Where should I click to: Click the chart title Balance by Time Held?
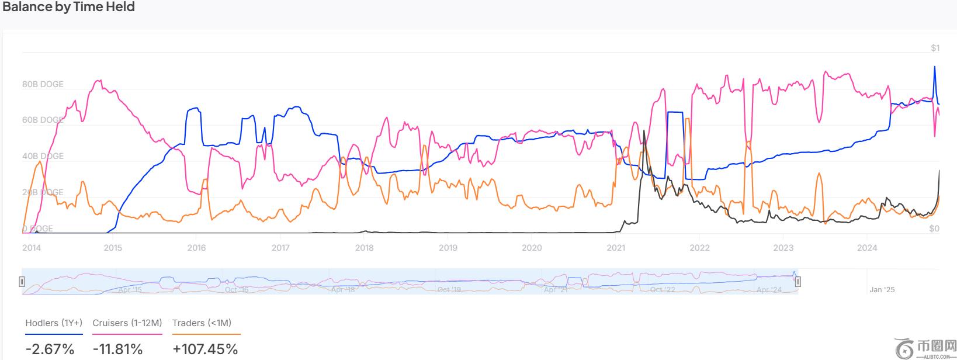(x=69, y=7)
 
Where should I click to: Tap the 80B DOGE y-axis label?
(x=43, y=84)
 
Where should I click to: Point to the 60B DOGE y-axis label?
(x=43, y=120)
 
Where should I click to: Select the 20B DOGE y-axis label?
(x=43, y=192)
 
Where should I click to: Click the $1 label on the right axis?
(x=935, y=48)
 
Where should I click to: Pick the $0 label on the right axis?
(x=934, y=229)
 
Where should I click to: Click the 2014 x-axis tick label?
(x=32, y=248)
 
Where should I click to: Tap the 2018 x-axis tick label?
(x=364, y=248)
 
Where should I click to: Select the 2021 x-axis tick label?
(x=616, y=248)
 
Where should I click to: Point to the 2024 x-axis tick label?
(x=867, y=248)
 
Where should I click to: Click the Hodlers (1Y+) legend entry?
(x=54, y=323)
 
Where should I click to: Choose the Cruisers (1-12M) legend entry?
(x=127, y=323)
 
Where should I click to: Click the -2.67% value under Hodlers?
(x=50, y=349)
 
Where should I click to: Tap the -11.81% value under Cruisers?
(x=117, y=349)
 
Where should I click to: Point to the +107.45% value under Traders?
(x=205, y=349)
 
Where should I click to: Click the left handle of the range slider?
(x=22, y=282)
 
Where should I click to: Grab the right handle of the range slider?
(x=797, y=282)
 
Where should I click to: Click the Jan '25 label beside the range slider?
(x=882, y=290)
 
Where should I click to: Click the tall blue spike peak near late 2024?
(x=934, y=67)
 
